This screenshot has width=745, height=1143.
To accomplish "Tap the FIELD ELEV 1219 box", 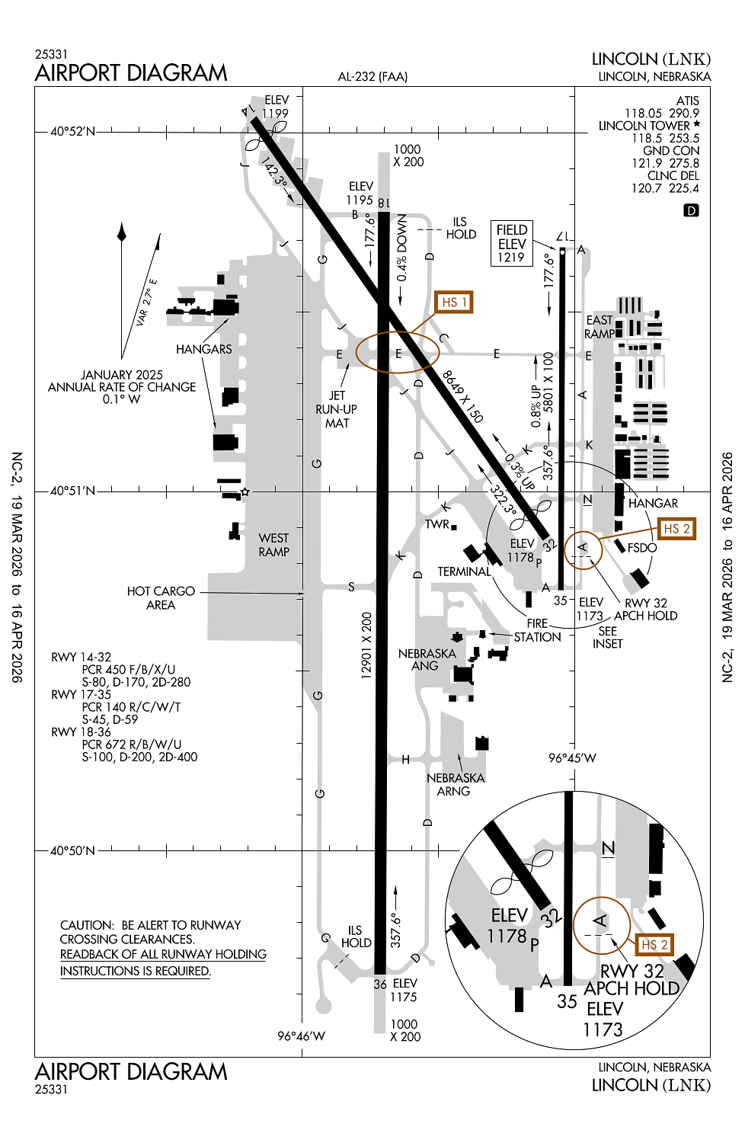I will tap(512, 244).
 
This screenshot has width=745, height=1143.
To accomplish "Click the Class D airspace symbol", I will tap(691, 210).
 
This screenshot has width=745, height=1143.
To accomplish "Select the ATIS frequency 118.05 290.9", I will tap(661, 114).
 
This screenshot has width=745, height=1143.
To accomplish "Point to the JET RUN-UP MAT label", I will tap(337, 409).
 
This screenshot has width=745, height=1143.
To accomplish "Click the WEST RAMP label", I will tap(273, 545).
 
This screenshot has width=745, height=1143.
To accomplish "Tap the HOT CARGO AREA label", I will tap(161, 598).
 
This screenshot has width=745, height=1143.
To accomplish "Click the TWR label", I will tap(437, 524).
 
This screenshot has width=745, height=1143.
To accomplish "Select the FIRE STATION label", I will tap(537, 630).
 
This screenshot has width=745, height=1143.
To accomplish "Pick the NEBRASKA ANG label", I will tap(427, 660).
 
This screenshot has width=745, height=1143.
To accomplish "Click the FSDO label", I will tap(642, 548).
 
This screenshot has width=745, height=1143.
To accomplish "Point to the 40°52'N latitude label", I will tap(73, 132).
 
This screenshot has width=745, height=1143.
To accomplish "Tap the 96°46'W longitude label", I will tap(301, 1036).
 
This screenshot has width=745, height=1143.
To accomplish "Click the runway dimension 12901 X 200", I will tap(366, 645).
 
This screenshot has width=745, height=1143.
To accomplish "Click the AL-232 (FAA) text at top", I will tap(372, 76).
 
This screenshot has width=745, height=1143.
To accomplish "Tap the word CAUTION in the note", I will tap(86, 925).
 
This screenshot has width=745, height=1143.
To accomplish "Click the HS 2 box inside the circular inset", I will tap(654, 945).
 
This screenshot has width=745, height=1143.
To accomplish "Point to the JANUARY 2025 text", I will tap(122, 375).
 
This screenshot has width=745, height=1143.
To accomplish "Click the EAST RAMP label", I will tap(600, 327).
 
